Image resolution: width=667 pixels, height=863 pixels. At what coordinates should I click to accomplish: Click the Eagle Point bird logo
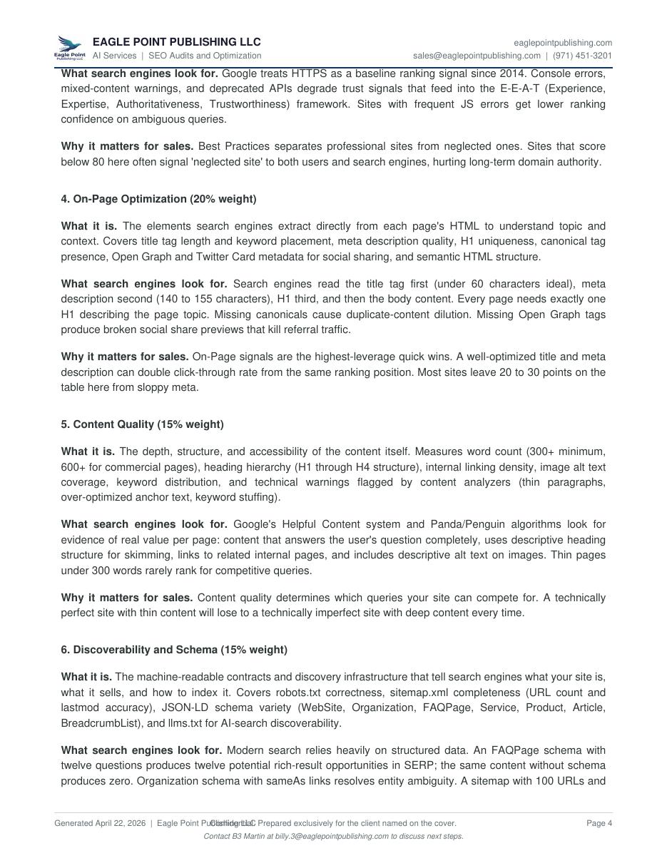(69, 48)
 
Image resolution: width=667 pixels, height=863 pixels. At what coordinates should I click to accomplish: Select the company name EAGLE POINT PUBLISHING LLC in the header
(176, 42)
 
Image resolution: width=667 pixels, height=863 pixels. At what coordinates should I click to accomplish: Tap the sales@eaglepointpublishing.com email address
(477, 56)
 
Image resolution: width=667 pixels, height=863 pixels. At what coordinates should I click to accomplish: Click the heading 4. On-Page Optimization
(158, 199)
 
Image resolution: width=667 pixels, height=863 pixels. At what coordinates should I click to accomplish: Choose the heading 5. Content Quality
(142, 424)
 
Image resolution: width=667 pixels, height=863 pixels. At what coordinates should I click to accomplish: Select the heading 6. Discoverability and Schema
(174, 650)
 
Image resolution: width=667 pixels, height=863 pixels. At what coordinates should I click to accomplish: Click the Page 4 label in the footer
(599, 823)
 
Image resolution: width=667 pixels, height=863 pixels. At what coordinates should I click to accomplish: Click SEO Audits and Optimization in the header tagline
(205, 56)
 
